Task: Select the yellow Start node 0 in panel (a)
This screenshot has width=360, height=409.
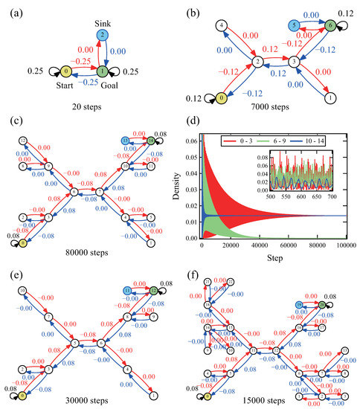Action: pos(65,70)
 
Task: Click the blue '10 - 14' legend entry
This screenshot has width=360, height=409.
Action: pos(324,139)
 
